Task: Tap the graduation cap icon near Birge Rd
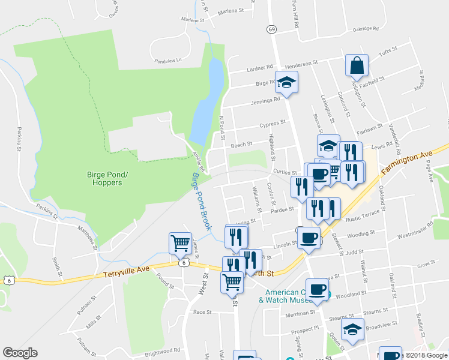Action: tap(287, 84)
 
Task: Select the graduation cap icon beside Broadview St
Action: tap(352, 329)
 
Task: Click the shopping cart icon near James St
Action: tap(179, 244)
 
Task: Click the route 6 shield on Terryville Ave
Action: tap(181, 263)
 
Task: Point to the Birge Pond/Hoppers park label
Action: tap(104, 178)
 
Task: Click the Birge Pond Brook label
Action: tap(202, 202)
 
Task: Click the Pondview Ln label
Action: tap(167, 61)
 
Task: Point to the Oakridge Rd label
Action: tap(366, 28)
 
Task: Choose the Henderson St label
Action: tap(301, 64)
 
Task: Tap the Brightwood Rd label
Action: tap(162, 350)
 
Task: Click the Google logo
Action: tap(20, 353)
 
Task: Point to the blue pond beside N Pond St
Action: tap(207, 99)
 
